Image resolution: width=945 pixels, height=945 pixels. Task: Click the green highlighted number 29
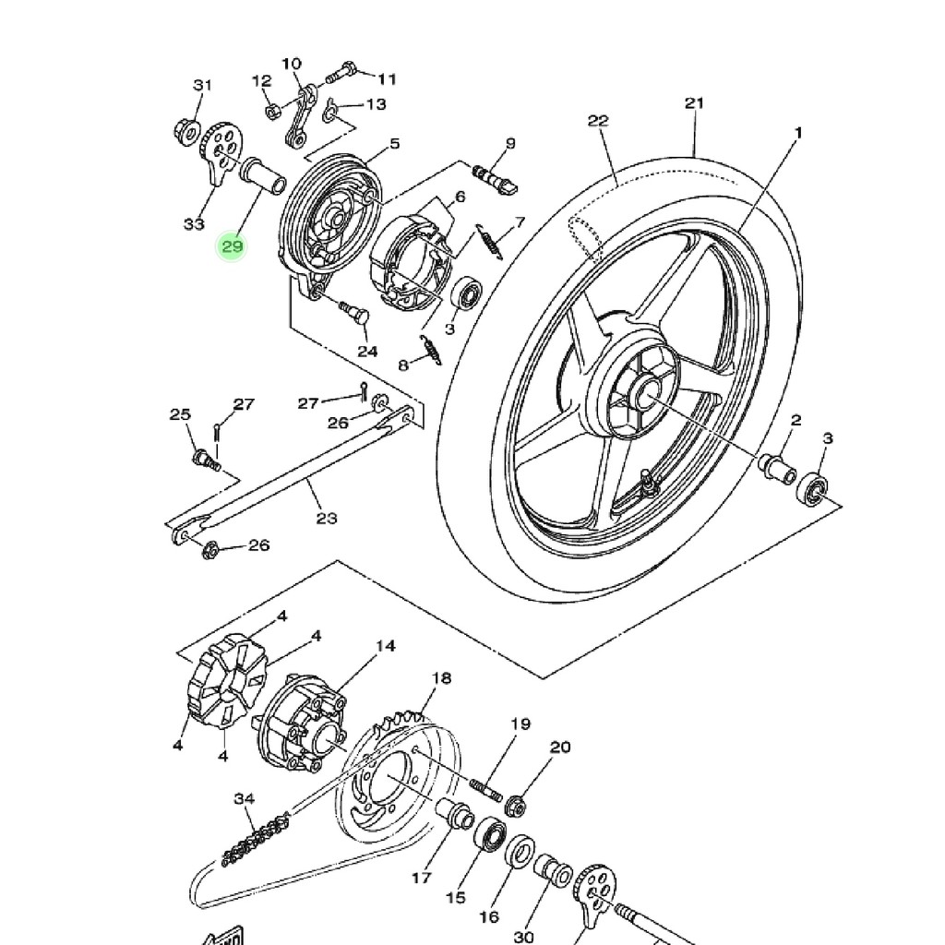(232, 245)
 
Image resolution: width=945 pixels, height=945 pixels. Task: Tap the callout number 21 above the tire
(694, 103)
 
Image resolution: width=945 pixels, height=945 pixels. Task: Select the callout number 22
(598, 121)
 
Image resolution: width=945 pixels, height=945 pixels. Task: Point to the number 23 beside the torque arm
(327, 518)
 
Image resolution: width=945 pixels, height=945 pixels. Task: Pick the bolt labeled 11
(341, 72)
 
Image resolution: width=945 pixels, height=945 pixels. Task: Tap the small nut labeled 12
(272, 111)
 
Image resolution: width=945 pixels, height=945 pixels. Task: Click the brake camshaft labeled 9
(496, 179)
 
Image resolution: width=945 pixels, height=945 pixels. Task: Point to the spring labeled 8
(431, 350)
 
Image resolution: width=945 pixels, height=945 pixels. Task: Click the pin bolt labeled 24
(354, 312)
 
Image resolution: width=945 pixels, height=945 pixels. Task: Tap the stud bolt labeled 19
(485, 790)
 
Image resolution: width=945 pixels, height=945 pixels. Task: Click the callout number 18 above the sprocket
(442, 678)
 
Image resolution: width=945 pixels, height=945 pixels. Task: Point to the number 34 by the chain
(244, 798)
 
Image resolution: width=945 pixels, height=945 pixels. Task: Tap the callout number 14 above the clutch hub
(386, 645)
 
